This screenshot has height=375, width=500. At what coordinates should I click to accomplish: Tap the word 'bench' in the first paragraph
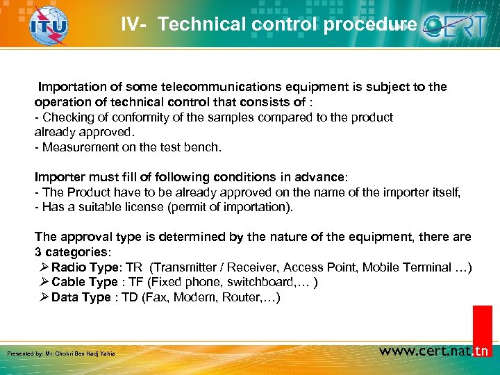206,147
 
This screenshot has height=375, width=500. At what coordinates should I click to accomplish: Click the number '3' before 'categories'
38,251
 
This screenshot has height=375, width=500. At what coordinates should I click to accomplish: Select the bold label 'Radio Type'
84,267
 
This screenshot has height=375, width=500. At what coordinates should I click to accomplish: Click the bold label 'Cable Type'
84,282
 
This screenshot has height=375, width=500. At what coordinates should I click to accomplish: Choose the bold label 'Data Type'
81,297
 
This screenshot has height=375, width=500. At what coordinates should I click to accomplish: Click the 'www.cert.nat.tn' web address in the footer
434,351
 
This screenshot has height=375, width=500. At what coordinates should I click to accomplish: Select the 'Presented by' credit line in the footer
61,353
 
